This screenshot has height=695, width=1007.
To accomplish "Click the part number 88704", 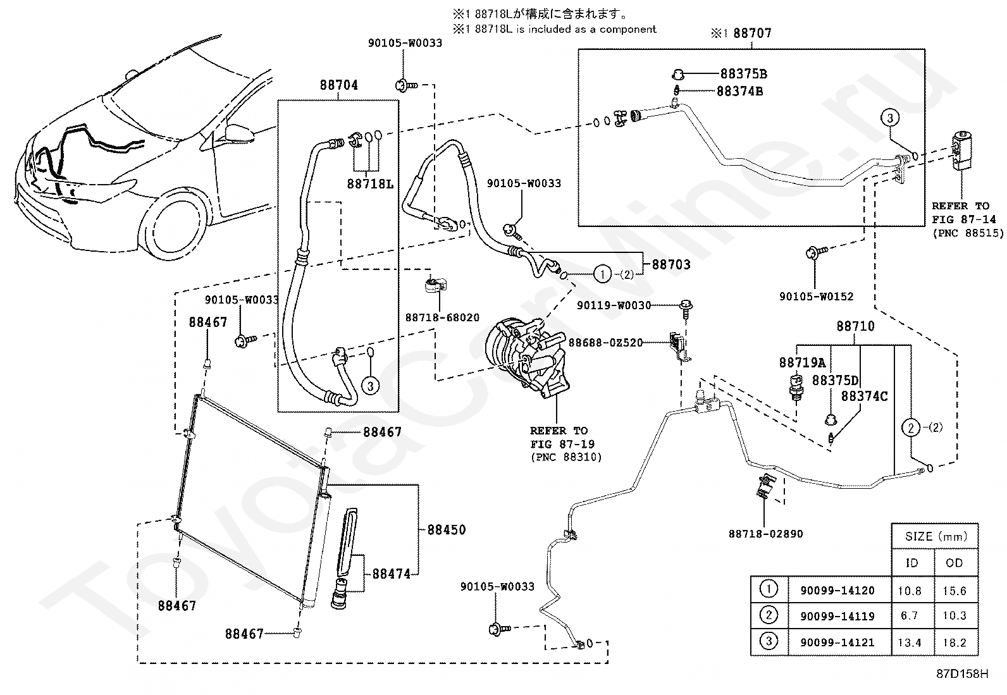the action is click(338, 85).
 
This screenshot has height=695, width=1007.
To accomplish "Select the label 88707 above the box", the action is click(753, 33).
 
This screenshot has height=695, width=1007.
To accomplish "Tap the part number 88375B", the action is click(744, 74).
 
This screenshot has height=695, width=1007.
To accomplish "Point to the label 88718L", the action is click(370, 184).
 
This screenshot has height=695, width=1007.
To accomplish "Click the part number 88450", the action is click(447, 530).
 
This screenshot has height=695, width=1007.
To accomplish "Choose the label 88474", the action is click(391, 574).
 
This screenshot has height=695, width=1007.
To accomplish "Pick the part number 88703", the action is click(671, 264).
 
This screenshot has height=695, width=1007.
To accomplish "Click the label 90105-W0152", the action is click(817, 297).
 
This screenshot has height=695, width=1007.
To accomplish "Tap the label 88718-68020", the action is click(442, 317).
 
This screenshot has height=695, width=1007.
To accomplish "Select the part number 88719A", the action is click(803, 362).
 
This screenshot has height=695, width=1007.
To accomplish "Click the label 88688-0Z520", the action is click(605, 343).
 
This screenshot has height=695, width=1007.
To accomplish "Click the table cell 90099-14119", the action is click(837, 616).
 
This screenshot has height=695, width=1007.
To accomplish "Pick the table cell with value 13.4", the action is click(910, 643).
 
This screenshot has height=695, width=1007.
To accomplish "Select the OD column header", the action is click(954, 563).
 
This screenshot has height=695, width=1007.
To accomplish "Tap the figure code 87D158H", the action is click(963, 673).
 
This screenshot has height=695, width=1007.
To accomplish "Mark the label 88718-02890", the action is click(765, 534).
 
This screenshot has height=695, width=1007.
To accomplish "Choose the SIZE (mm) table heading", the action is click(936, 536).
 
